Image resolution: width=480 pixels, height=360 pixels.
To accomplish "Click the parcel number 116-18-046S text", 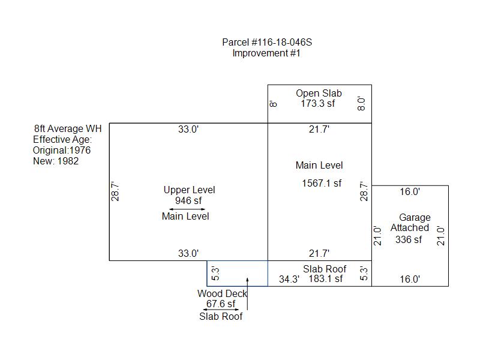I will coord(267,43).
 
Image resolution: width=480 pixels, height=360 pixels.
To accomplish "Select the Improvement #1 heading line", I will coord(266,53).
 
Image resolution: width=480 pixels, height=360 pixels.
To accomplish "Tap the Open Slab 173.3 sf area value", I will coord(318,104).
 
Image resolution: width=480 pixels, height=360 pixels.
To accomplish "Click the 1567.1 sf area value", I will coord(322,184).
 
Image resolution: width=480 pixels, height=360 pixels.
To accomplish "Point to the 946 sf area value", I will coord(188,201).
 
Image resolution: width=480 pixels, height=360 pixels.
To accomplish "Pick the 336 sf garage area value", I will coord(409,240).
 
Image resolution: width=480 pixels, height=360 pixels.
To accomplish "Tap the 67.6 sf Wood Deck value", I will coord(221,304).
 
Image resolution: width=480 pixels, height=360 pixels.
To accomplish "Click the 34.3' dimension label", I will coord(289,280).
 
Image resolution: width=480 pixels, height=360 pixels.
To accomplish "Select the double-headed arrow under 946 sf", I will coord(188,209).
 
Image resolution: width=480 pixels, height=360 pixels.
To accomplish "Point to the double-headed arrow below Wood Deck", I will coord(221,310).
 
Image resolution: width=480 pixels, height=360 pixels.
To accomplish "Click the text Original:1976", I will coord(62,151).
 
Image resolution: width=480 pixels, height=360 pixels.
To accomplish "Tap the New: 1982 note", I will coord(56,161).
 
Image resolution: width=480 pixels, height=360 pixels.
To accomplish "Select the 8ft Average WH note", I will coord(68,129).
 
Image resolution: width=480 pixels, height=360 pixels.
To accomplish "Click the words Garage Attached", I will coord(410,223).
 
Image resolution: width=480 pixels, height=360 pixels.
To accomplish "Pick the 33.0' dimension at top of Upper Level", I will coord(188,130).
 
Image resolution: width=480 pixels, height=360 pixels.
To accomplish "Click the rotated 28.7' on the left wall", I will coord(115,191).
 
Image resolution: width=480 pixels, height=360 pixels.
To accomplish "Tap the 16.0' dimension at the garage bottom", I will coord(410,280).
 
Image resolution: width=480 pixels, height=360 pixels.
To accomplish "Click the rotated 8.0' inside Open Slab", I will coord(361,104).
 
